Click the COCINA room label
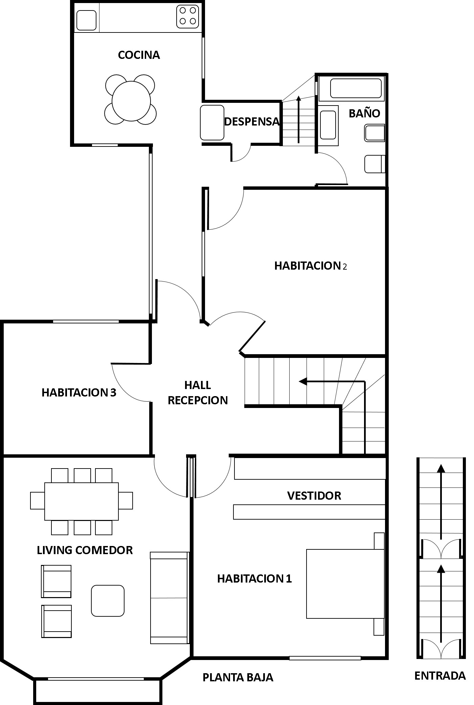tap(139, 55)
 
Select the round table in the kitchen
tap(131, 100)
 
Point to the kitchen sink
tap(87, 20)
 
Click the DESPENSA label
tap(252, 121)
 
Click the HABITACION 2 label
tap(311, 266)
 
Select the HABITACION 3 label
tap(79, 392)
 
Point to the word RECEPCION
tap(198, 400)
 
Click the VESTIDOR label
tap(314, 496)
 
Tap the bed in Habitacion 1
tap(345, 584)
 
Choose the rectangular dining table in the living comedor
tap(82, 501)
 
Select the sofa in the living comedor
tap(169, 598)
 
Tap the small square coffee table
tap(108, 601)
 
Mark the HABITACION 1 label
tap(254, 578)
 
